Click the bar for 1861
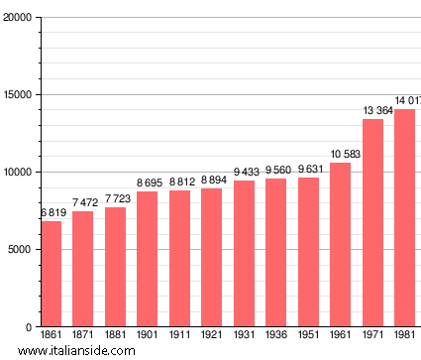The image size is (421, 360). point(51,274)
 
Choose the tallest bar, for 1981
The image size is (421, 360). point(404,218)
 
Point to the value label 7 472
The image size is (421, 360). point(83,203)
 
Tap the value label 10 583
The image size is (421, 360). point(341,154)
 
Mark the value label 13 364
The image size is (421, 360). point(373,111)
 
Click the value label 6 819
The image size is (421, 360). point(51,213)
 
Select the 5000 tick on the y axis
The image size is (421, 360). point(20,250)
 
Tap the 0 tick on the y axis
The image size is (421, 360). point(29,327)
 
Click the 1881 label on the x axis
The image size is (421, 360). point(115,335)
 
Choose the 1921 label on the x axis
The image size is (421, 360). point(212,335)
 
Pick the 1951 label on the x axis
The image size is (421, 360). point(308,335)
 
